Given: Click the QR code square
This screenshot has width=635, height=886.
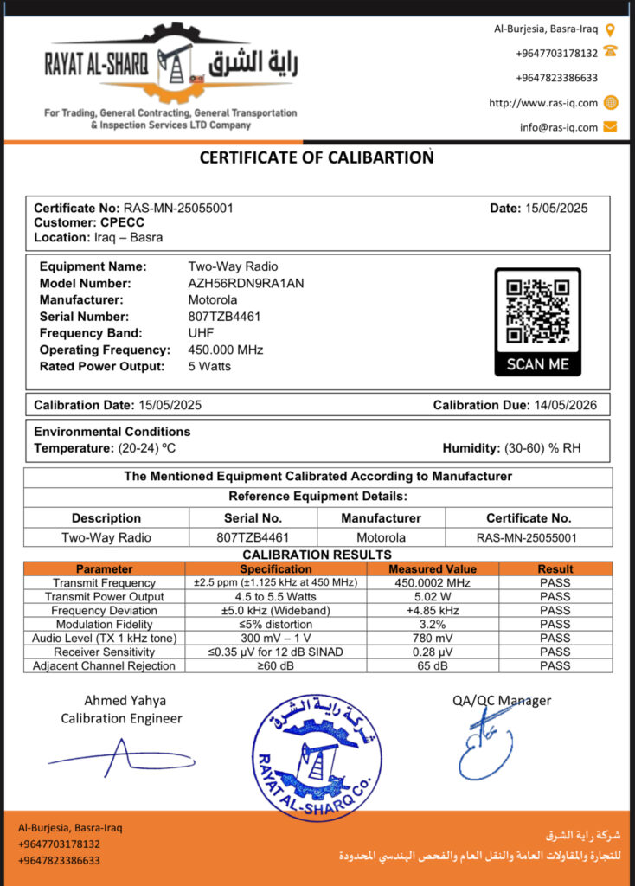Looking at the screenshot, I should (537, 311).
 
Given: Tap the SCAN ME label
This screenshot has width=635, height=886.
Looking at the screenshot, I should (537, 364).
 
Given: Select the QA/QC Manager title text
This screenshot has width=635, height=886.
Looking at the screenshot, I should (502, 701).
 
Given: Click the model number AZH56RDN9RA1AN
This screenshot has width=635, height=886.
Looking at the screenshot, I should (246, 283).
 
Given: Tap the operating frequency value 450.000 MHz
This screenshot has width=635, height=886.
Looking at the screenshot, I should (225, 350).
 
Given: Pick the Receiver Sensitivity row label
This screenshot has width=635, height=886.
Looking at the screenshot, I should (104, 652).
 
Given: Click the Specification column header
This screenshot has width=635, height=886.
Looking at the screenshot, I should (276, 568).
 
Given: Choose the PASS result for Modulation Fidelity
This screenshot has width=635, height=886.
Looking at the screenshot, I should (555, 624).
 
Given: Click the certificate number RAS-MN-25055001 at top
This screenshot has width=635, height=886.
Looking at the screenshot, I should (178, 208).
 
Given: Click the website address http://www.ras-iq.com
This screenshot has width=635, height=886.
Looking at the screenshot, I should (543, 102).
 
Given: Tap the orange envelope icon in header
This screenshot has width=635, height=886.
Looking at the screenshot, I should (610, 126).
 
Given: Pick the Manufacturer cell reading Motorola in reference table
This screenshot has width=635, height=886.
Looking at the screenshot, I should (381, 537).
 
